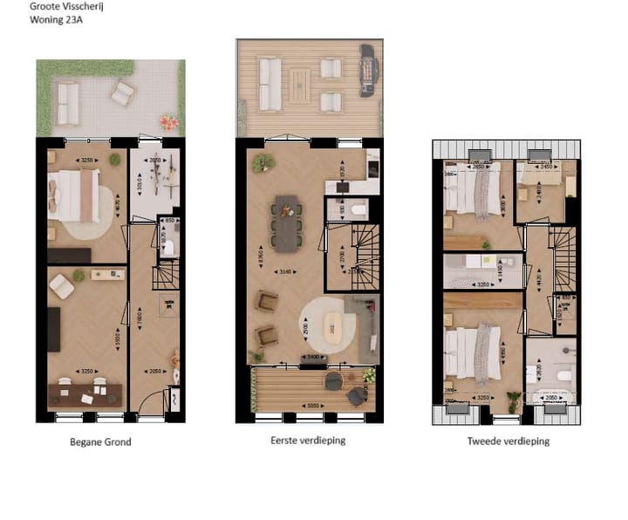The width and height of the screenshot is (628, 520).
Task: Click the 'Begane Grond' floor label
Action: point(100,442)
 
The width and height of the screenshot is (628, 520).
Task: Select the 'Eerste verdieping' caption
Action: point(307,441)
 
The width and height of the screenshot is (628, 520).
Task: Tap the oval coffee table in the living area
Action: point(334,328)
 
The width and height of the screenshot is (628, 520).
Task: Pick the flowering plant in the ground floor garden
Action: point(167,123)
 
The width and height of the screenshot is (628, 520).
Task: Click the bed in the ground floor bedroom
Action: point(74,194)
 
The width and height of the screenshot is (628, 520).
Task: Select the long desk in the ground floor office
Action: point(84,392)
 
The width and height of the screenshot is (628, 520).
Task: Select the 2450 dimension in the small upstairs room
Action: point(547,166)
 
